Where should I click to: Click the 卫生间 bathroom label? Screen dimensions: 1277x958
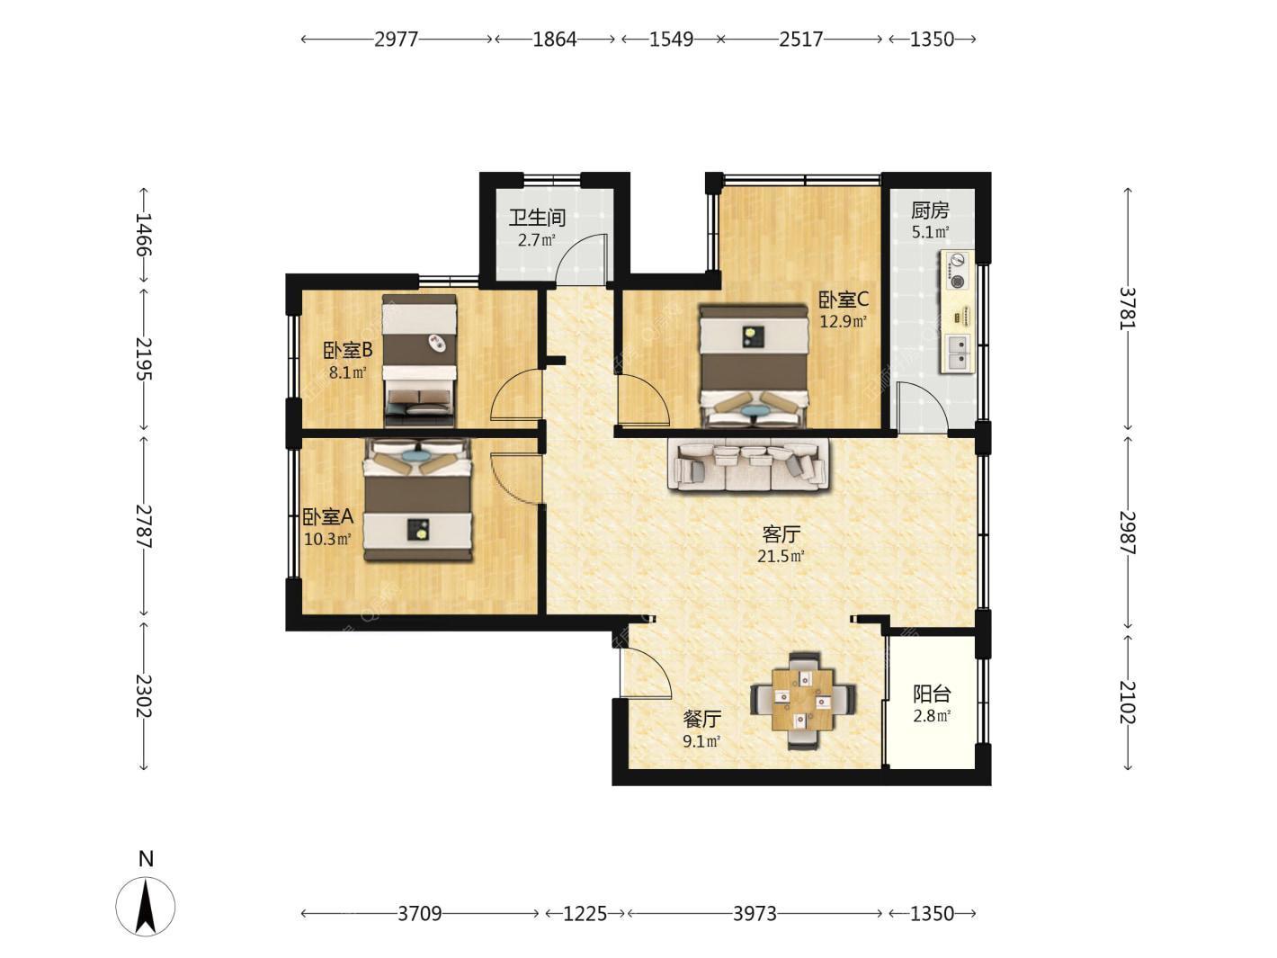[x=536, y=218]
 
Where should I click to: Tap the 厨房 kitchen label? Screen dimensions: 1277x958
[x=930, y=210]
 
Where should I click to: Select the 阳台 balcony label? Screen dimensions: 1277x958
[x=932, y=694]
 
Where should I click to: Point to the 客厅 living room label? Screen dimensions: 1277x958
[x=781, y=533]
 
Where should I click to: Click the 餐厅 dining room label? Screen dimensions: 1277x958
[x=701, y=719]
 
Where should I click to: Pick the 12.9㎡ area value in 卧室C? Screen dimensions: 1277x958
[x=843, y=321]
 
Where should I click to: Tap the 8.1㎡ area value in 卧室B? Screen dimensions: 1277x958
[x=347, y=372]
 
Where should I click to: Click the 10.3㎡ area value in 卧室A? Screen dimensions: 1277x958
[x=327, y=539]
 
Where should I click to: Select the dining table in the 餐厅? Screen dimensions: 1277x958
[x=803, y=701]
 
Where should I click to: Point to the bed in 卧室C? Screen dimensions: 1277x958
[x=754, y=366]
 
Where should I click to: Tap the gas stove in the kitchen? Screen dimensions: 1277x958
[x=957, y=270]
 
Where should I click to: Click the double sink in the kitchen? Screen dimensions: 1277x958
[x=957, y=354]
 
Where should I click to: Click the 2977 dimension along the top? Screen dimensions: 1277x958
[x=397, y=39]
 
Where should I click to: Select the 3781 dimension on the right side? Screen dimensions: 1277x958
[x=1128, y=309]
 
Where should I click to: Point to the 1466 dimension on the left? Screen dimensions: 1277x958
[x=143, y=235]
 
